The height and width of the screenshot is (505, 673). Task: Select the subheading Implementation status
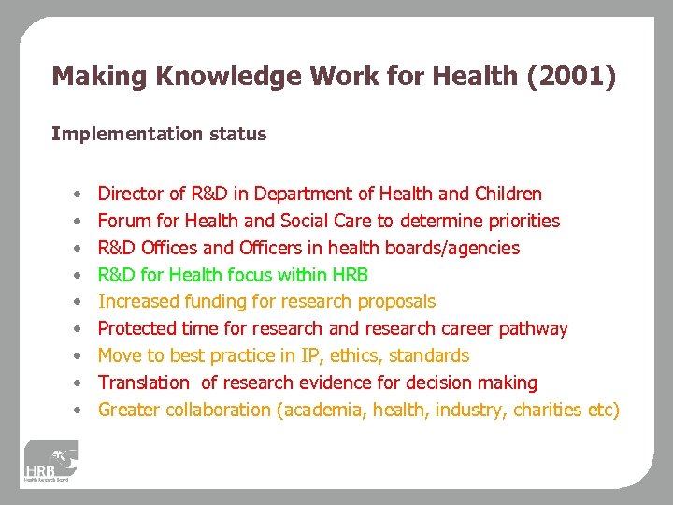[x=159, y=134]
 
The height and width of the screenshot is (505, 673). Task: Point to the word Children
[x=508, y=195]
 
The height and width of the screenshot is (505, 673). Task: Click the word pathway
[x=534, y=328]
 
